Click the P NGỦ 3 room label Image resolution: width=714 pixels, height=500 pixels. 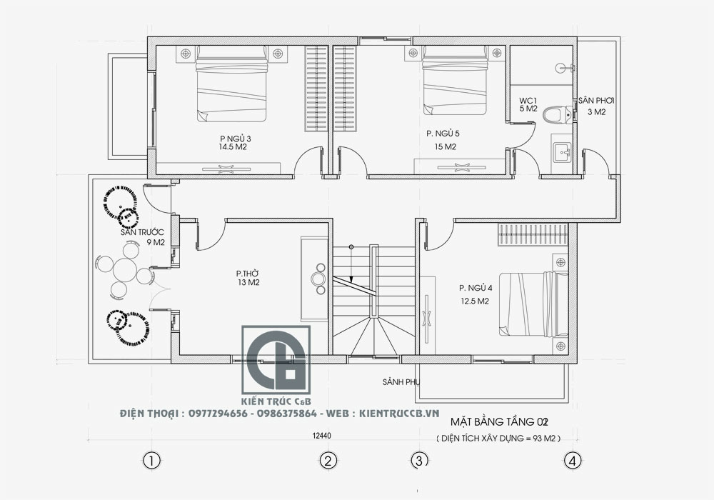235,139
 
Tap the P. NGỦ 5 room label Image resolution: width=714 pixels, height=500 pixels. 443,134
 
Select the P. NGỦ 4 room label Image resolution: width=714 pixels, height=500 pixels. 476,288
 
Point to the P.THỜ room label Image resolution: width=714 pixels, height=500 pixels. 247,274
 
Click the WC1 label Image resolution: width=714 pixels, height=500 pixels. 528,100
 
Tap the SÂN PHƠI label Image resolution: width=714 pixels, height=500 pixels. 596,101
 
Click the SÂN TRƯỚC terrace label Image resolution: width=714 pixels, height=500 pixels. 142,232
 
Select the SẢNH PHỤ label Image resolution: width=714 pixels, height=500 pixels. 401,382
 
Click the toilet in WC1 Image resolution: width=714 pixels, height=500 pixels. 558,114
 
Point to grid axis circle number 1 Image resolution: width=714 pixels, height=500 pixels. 151,461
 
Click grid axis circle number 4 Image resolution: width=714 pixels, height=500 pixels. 573,461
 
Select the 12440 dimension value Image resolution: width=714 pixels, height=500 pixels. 322,436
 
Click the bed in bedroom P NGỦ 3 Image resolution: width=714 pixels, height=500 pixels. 231,84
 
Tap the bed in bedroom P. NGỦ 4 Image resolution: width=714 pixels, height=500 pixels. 533,304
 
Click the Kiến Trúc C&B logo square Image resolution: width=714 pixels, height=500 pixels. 276,360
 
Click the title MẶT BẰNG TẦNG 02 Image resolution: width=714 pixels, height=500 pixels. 498,421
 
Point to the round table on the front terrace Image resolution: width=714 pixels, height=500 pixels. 125,270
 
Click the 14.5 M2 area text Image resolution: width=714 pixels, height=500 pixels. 233,147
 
